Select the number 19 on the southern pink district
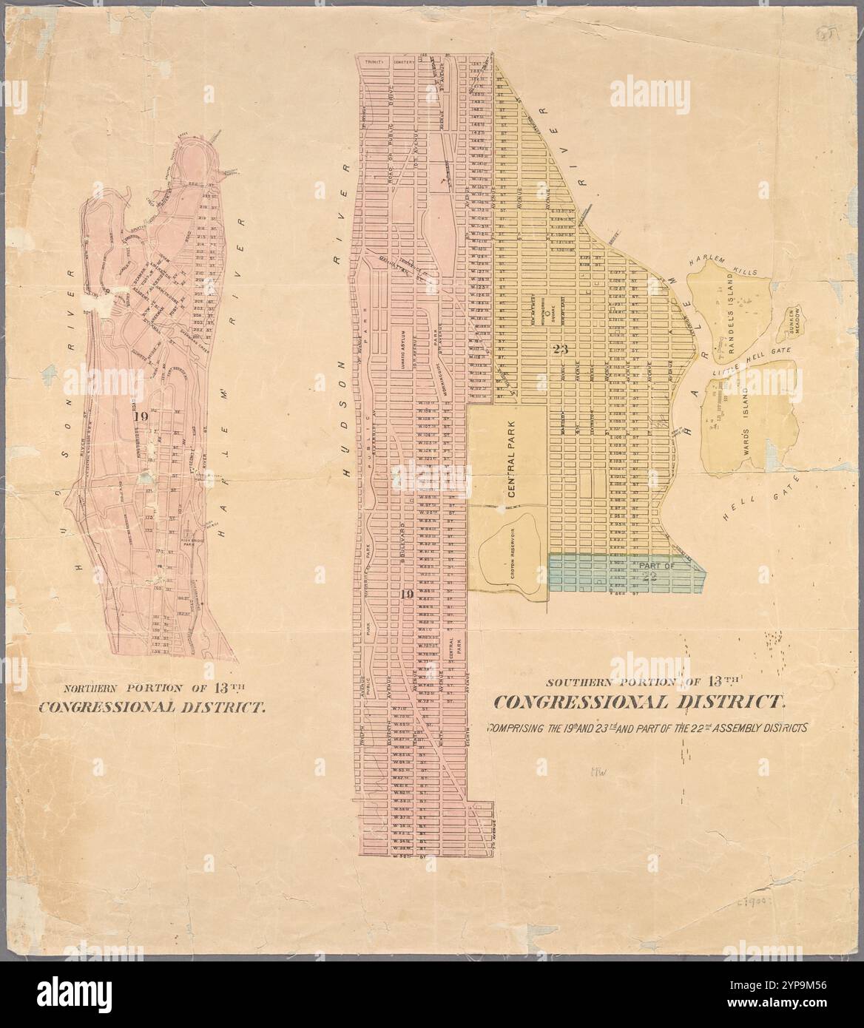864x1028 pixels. coord(405,595)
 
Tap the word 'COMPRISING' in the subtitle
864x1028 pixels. coord(515,728)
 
